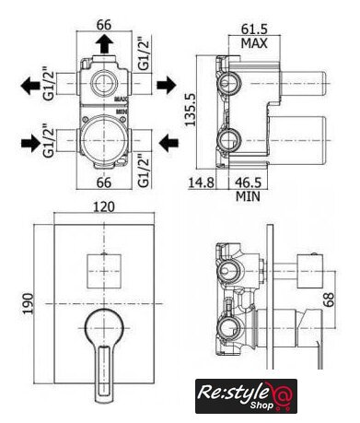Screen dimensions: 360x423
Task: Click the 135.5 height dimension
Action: click(191, 110)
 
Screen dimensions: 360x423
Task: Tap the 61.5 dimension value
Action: click(254, 29)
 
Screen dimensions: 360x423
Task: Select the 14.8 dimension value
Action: click(201, 182)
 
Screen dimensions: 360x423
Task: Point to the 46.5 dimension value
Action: click(249, 182)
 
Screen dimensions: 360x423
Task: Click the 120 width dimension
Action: click(104, 206)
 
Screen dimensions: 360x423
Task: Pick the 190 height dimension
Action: click(29, 303)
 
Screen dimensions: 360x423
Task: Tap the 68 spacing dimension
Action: click(328, 300)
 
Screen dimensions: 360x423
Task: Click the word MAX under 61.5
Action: click(254, 43)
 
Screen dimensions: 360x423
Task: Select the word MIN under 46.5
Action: click(248, 196)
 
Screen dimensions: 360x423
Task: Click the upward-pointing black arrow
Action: click(105, 44)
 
